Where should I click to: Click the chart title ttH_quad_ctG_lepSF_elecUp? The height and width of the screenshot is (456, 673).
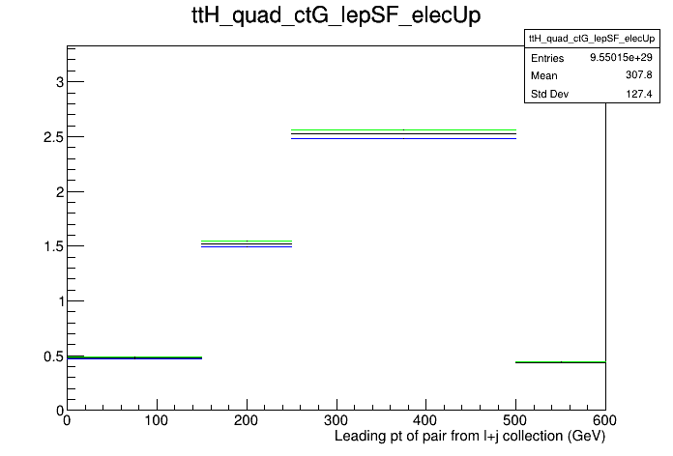[336, 16]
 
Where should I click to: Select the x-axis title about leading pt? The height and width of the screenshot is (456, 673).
[470, 437]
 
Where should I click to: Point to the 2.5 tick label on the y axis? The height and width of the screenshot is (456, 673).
[53, 137]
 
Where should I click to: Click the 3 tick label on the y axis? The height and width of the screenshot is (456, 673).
[60, 82]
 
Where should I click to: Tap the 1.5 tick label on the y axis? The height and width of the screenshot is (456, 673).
[53, 246]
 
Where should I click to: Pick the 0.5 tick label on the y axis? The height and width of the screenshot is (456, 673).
[53, 356]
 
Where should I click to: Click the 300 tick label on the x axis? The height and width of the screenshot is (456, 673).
[336, 420]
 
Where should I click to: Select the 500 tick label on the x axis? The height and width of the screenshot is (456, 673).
[515, 420]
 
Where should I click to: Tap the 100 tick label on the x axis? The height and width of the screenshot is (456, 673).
[157, 420]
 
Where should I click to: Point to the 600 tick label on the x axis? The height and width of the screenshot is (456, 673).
[604, 420]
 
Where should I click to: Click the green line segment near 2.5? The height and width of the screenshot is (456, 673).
[403, 129]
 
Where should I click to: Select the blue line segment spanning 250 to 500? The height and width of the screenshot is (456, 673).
[403, 138]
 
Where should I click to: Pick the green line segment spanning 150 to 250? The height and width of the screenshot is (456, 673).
[247, 242]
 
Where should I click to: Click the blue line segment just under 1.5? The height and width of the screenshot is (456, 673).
[247, 246]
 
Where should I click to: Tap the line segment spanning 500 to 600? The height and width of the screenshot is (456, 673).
[561, 362]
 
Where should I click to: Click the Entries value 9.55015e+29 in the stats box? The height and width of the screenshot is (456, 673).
[621, 57]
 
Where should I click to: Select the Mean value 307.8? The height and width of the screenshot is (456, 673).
[638, 75]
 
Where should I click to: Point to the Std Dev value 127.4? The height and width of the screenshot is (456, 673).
[638, 94]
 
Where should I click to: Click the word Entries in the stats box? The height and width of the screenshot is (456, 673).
[547, 58]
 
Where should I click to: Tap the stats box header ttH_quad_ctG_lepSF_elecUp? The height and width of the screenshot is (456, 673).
[592, 39]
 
